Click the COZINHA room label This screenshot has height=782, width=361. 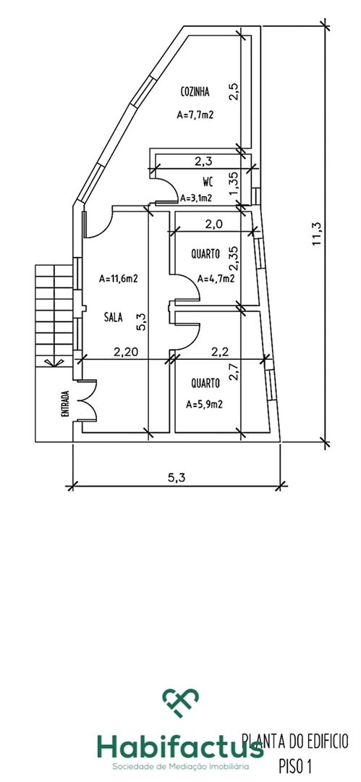[195, 92]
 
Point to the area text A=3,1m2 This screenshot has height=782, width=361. [196, 198]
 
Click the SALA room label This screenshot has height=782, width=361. [114, 316]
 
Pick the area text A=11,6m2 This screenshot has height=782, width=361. [118, 279]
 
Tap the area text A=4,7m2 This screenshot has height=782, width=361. [216, 279]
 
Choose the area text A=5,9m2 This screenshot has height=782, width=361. [204, 405]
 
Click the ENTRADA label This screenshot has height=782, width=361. [64, 403]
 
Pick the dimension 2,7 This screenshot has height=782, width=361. [233, 372]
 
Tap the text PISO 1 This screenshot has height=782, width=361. [297, 765]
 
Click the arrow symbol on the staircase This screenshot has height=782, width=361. [48, 363]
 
